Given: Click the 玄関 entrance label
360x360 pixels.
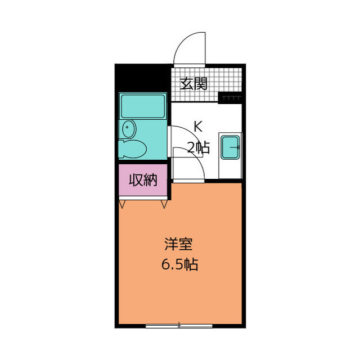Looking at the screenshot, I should (x=193, y=84).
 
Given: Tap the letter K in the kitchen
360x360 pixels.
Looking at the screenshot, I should (x=197, y=127).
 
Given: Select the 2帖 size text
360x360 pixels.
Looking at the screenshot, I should (x=198, y=148).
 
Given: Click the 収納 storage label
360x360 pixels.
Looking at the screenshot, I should (x=143, y=181).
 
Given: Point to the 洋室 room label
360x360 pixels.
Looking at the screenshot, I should (x=179, y=245).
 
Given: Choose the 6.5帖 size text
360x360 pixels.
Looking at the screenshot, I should (x=180, y=265).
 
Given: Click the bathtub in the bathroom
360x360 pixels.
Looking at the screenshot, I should (x=143, y=106).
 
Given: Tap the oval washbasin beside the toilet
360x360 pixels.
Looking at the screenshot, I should (x=128, y=129).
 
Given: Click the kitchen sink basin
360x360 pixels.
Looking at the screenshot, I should (x=229, y=147).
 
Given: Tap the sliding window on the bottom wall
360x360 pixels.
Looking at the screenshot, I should (x=179, y=325).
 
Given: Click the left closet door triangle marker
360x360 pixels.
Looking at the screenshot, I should (x=122, y=204).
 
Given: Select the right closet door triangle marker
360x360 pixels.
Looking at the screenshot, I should (x=164, y=204).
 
